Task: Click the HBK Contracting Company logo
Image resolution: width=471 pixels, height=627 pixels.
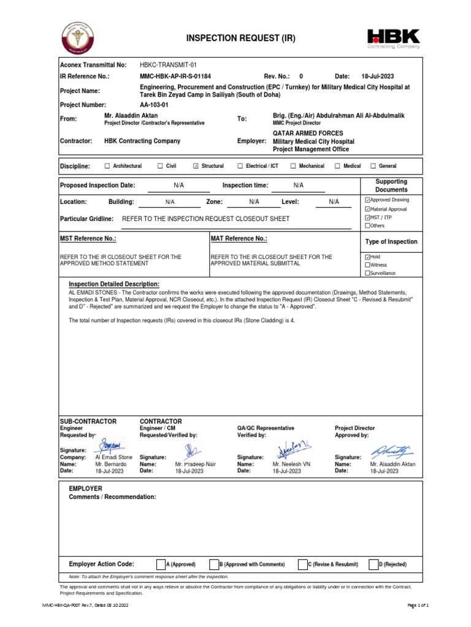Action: (393, 38)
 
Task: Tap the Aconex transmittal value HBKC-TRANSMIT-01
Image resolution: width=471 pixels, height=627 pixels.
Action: (168, 65)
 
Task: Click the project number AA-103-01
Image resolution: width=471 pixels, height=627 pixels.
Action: (154, 105)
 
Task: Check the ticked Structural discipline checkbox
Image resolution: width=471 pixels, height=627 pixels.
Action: (196, 166)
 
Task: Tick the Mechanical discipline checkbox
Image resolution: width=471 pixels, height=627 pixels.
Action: (293, 166)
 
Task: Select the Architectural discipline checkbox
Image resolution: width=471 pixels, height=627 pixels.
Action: (108, 166)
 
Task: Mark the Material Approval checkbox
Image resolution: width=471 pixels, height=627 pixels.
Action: (367, 209)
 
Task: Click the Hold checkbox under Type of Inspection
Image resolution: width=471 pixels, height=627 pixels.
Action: (367, 257)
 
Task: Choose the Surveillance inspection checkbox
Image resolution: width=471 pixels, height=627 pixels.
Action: (367, 273)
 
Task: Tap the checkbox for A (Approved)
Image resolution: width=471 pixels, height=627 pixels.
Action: (161, 564)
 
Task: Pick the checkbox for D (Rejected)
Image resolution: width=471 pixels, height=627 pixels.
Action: (373, 564)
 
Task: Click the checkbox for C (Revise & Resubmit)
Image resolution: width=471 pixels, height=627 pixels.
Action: (303, 564)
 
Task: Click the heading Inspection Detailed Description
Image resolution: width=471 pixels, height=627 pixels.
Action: (114, 284)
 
